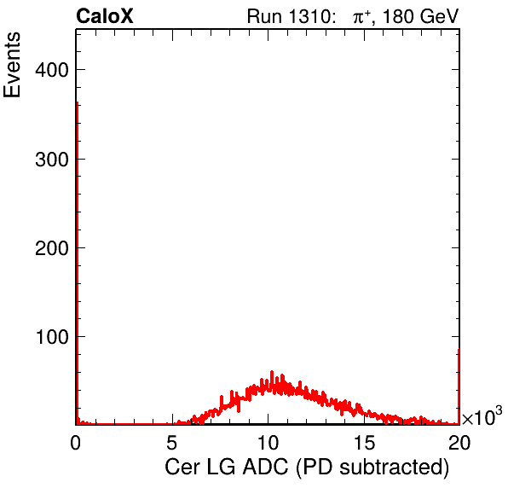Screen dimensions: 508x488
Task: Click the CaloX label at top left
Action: [x=105, y=16]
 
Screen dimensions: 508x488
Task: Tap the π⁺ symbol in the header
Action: [x=361, y=17]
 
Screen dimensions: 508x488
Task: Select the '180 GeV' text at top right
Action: [x=420, y=16]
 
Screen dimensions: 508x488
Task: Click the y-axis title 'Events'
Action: [x=12, y=65]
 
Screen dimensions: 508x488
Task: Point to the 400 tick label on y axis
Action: [x=52, y=70]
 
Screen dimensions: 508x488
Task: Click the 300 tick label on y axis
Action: [x=52, y=160]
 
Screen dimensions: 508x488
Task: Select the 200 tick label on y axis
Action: [x=52, y=248]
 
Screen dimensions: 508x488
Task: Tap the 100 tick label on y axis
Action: [x=53, y=337]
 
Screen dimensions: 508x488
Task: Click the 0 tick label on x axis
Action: [x=76, y=442]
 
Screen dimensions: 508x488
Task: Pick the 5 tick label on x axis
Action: [x=171, y=442]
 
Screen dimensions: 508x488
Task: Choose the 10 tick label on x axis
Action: [x=268, y=442]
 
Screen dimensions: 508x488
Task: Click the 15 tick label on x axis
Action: [x=365, y=442]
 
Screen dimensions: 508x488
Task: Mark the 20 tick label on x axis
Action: [x=459, y=442]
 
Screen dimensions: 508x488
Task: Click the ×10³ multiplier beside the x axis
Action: [x=482, y=416]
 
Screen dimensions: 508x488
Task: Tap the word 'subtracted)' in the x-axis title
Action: [x=395, y=468]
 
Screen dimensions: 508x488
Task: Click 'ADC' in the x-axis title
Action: [x=265, y=467]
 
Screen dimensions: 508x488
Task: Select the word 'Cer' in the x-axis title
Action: [x=182, y=467]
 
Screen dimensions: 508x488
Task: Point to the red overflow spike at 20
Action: [x=459, y=386]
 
